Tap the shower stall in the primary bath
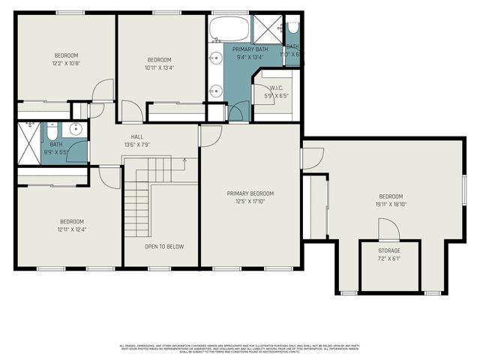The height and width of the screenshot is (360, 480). point(265,29)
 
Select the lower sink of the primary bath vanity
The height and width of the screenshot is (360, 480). point(214,91)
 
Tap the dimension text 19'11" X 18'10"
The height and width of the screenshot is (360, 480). point(391,204)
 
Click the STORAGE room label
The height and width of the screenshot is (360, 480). point(388,250)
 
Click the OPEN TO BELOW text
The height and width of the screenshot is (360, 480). point(164,246)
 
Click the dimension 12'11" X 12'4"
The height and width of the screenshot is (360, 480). point(72,230)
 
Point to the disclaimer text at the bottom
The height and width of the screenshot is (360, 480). point(240,348)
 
